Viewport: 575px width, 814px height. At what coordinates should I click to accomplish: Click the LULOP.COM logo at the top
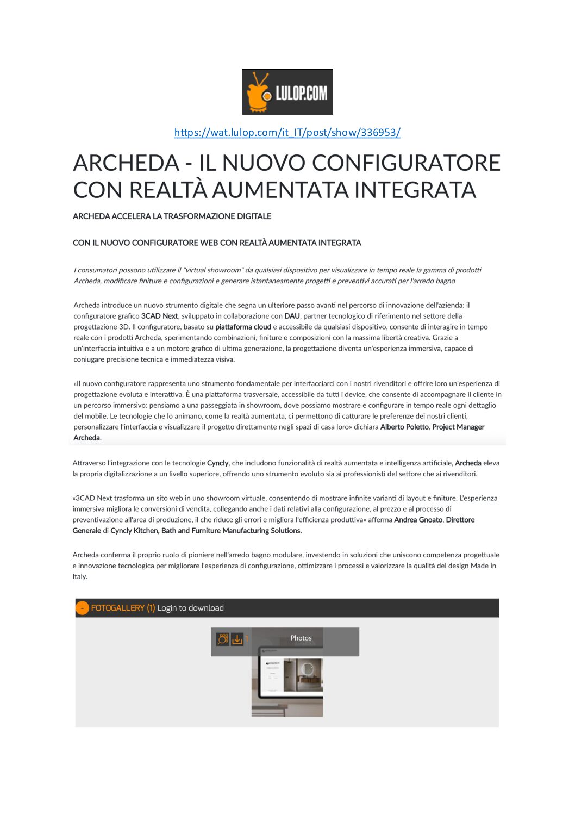tap(287, 91)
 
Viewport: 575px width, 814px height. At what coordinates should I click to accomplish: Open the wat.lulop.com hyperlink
tap(287, 132)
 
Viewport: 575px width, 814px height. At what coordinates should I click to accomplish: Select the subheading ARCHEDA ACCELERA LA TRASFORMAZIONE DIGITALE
tap(172, 216)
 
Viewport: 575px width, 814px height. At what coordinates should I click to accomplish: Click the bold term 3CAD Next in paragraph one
tap(159, 316)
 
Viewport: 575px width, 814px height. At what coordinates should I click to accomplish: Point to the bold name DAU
tap(292, 316)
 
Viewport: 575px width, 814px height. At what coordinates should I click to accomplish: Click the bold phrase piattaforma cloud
tap(243, 327)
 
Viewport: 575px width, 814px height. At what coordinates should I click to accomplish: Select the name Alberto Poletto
tap(404, 427)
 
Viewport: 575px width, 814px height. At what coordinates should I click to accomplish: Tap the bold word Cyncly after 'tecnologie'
tap(217, 463)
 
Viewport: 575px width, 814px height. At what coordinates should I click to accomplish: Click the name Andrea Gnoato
tap(418, 520)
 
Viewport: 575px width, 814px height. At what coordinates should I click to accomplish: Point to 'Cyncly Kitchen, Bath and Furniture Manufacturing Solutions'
tap(205, 531)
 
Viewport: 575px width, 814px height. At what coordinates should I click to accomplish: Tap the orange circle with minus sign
tap(82, 608)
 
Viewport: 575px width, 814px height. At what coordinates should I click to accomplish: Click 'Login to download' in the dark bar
tap(190, 608)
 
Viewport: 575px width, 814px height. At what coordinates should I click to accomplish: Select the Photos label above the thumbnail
tap(301, 638)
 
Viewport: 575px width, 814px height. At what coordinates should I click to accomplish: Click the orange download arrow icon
tap(237, 639)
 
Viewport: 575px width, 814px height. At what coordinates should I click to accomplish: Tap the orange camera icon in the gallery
tap(223, 639)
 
